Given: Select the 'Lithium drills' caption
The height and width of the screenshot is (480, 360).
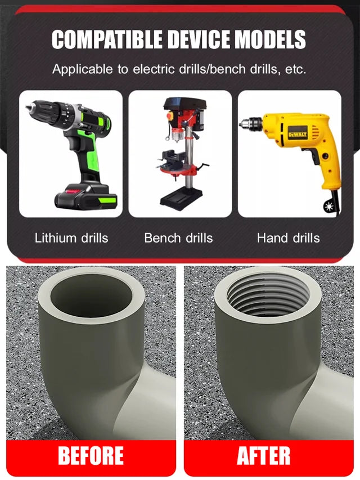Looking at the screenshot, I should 71,237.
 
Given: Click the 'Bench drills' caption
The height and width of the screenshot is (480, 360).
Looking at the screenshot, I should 178,237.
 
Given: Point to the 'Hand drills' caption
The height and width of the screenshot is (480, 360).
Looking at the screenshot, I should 288,237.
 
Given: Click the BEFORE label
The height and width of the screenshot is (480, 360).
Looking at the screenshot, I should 91,455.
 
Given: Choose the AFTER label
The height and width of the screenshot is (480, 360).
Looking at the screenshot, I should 264,455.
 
